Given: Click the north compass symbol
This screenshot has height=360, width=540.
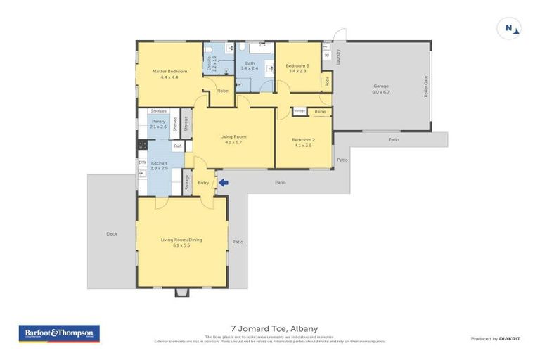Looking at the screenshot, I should pyautogui.click(x=510, y=29).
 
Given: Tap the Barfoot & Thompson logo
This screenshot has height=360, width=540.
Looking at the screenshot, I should pyautogui.click(x=59, y=333).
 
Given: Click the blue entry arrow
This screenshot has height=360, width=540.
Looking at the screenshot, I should pyautogui.click(x=223, y=183).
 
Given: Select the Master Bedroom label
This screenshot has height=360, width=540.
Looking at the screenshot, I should pyautogui.click(x=169, y=71).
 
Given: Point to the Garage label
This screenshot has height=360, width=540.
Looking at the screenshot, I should pyautogui.click(x=380, y=86).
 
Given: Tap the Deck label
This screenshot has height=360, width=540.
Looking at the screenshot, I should pyautogui.click(x=111, y=233).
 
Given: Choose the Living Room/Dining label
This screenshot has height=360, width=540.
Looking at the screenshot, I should pyautogui.click(x=181, y=240).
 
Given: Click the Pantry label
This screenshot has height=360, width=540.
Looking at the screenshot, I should pyautogui.click(x=158, y=121).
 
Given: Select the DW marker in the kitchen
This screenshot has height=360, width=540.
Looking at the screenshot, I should pyautogui.click(x=142, y=162).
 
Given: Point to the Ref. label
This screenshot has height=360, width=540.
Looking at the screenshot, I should pyautogui.click(x=178, y=146).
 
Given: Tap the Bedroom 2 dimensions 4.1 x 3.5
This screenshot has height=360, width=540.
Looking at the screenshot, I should pyautogui.click(x=304, y=145).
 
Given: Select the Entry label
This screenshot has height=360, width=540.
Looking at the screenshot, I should pyautogui.click(x=204, y=183).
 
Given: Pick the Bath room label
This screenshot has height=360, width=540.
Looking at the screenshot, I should pyautogui.click(x=250, y=63).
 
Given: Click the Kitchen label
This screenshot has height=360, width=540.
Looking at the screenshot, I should pyautogui.click(x=159, y=163).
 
